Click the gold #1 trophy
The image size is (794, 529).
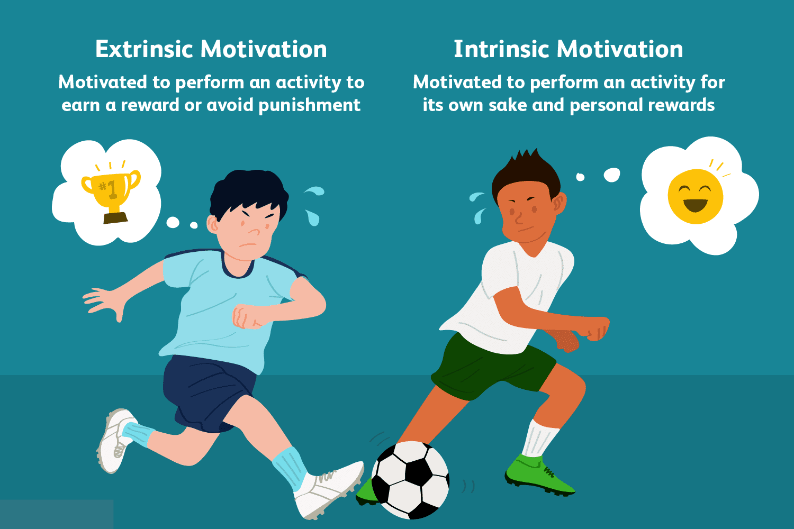tap(111, 197)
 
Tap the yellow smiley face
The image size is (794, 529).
tap(695, 196)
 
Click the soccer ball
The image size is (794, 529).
tap(410, 480)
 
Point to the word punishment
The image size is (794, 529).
tap(310, 106)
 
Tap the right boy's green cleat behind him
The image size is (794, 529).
tap(538, 475)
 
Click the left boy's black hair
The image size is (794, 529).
tap(248, 193)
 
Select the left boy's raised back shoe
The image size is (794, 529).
tap(115, 440)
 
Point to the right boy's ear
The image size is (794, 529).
tap(560, 203)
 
